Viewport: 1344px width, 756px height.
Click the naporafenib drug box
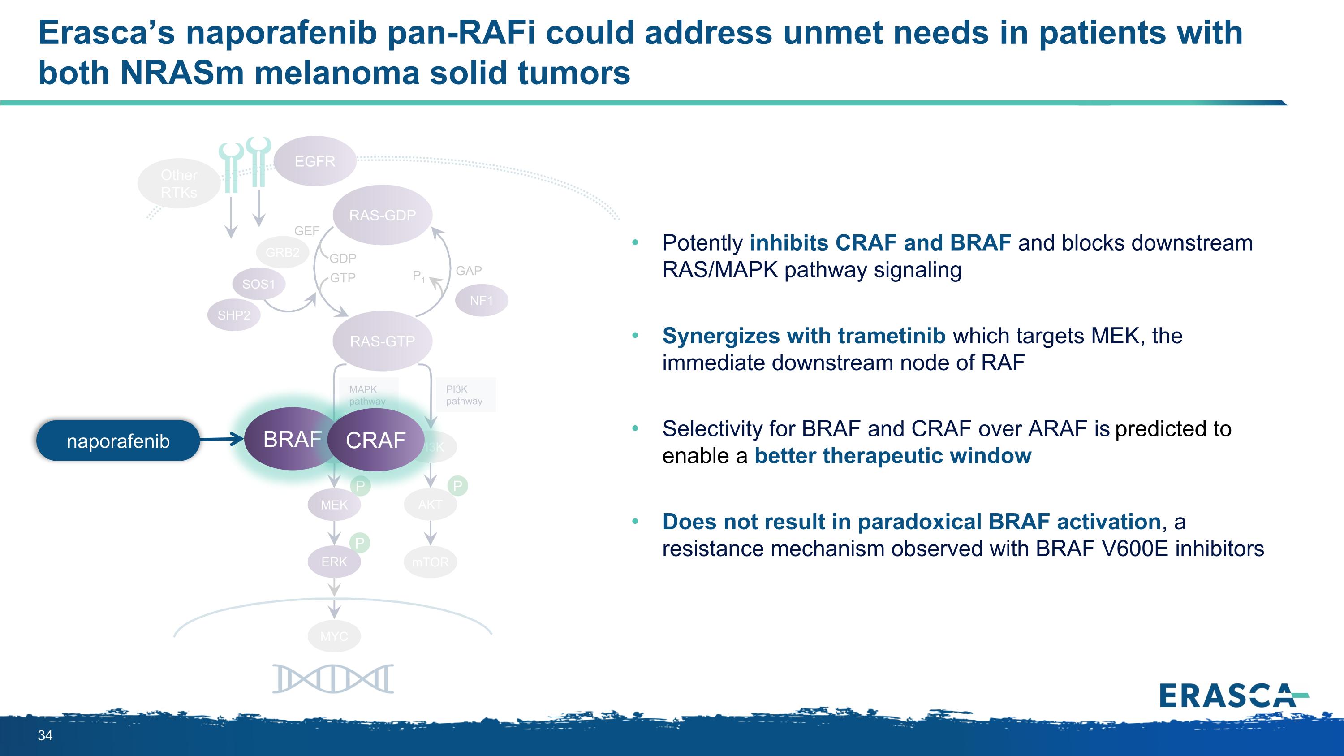(x=118, y=441)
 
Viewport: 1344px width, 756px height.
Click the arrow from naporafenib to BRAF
(x=222, y=439)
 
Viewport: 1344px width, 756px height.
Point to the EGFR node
(x=314, y=161)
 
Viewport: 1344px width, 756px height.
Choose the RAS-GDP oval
(x=383, y=215)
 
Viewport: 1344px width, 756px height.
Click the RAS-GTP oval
(x=383, y=341)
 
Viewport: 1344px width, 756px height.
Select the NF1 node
(x=481, y=301)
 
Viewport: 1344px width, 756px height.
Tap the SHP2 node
(x=234, y=315)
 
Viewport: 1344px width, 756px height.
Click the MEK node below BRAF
(x=334, y=505)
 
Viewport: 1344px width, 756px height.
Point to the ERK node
(x=334, y=562)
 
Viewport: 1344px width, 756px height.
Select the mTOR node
(x=431, y=562)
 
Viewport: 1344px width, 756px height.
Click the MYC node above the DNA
(x=334, y=636)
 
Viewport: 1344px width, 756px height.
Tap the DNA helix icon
(x=333, y=679)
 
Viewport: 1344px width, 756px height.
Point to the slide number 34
(x=45, y=736)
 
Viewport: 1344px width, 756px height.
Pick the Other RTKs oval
(x=179, y=184)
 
